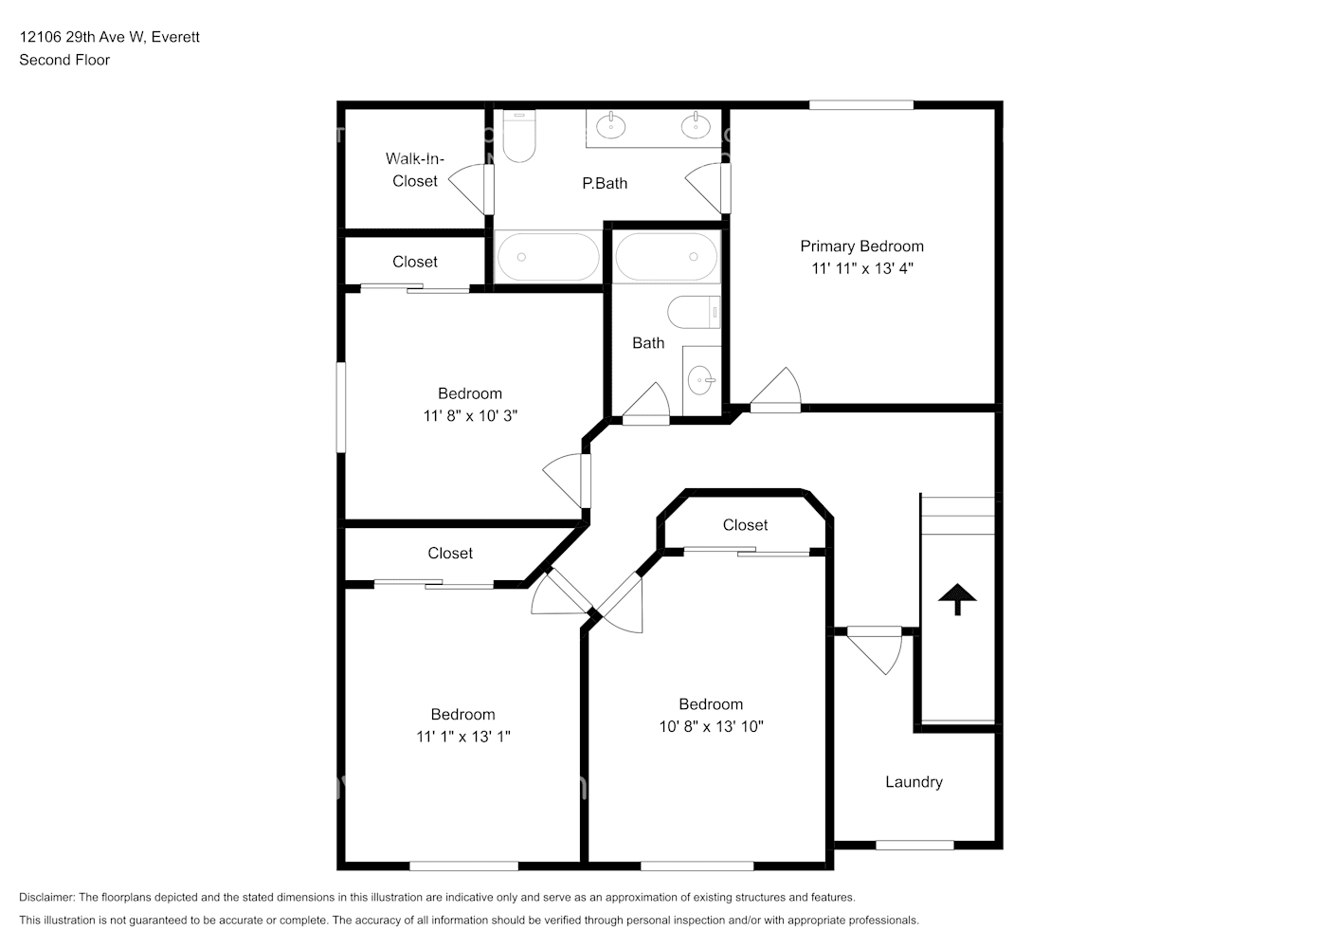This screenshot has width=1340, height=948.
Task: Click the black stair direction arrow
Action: click(x=957, y=598)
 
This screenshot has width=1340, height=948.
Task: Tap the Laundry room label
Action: click(x=914, y=781)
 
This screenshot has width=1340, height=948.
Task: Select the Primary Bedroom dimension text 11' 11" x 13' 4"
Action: click(x=862, y=268)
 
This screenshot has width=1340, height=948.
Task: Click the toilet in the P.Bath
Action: click(x=518, y=136)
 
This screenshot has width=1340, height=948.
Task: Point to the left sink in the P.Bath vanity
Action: click(x=611, y=126)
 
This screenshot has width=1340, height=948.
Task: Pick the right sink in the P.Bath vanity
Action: click(x=696, y=126)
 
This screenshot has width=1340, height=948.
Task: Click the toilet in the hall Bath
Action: click(x=694, y=312)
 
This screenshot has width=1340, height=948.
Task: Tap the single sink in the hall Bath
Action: click(x=700, y=380)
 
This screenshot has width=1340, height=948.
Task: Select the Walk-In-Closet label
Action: click(x=414, y=170)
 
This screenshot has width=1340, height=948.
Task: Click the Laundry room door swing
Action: click(x=875, y=650)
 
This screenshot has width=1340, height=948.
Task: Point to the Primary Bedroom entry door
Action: click(x=775, y=391)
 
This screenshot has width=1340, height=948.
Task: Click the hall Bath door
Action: click(x=646, y=404)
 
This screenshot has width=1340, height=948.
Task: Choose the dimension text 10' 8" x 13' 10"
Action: click(x=712, y=726)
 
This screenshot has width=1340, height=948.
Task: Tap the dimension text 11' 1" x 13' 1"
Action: click(x=463, y=737)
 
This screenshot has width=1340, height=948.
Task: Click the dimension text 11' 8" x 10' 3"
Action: click(x=470, y=416)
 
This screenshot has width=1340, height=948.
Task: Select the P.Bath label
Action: click(x=605, y=183)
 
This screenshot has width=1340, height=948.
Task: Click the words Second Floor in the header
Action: click(x=64, y=60)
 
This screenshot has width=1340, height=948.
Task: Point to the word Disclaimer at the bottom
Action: click(x=46, y=897)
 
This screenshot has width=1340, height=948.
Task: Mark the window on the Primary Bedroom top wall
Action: click(x=861, y=105)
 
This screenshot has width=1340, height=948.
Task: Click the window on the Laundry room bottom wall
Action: click(x=914, y=845)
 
